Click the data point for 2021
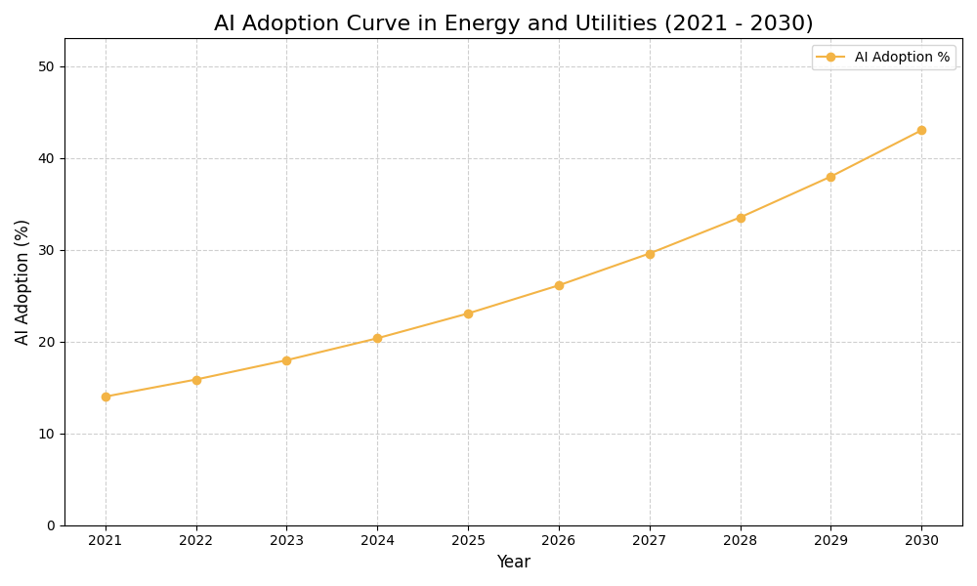point(106,397)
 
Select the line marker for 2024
point(377,339)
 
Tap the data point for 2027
point(650,254)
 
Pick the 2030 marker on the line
point(921,130)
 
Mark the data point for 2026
point(559,285)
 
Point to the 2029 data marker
point(830,177)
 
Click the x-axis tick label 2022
point(196,540)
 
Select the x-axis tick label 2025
point(468,540)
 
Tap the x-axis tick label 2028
point(741,540)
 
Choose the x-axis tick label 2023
point(286,540)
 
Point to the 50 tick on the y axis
point(46,66)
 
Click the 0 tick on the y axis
point(50,525)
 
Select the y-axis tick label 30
point(46,250)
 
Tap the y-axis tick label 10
point(46,434)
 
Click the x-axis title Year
point(513,563)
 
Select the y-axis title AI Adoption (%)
point(22,281)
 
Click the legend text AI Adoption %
point(902,58)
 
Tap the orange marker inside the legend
point(830,58)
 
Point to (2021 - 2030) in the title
point(739,24)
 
